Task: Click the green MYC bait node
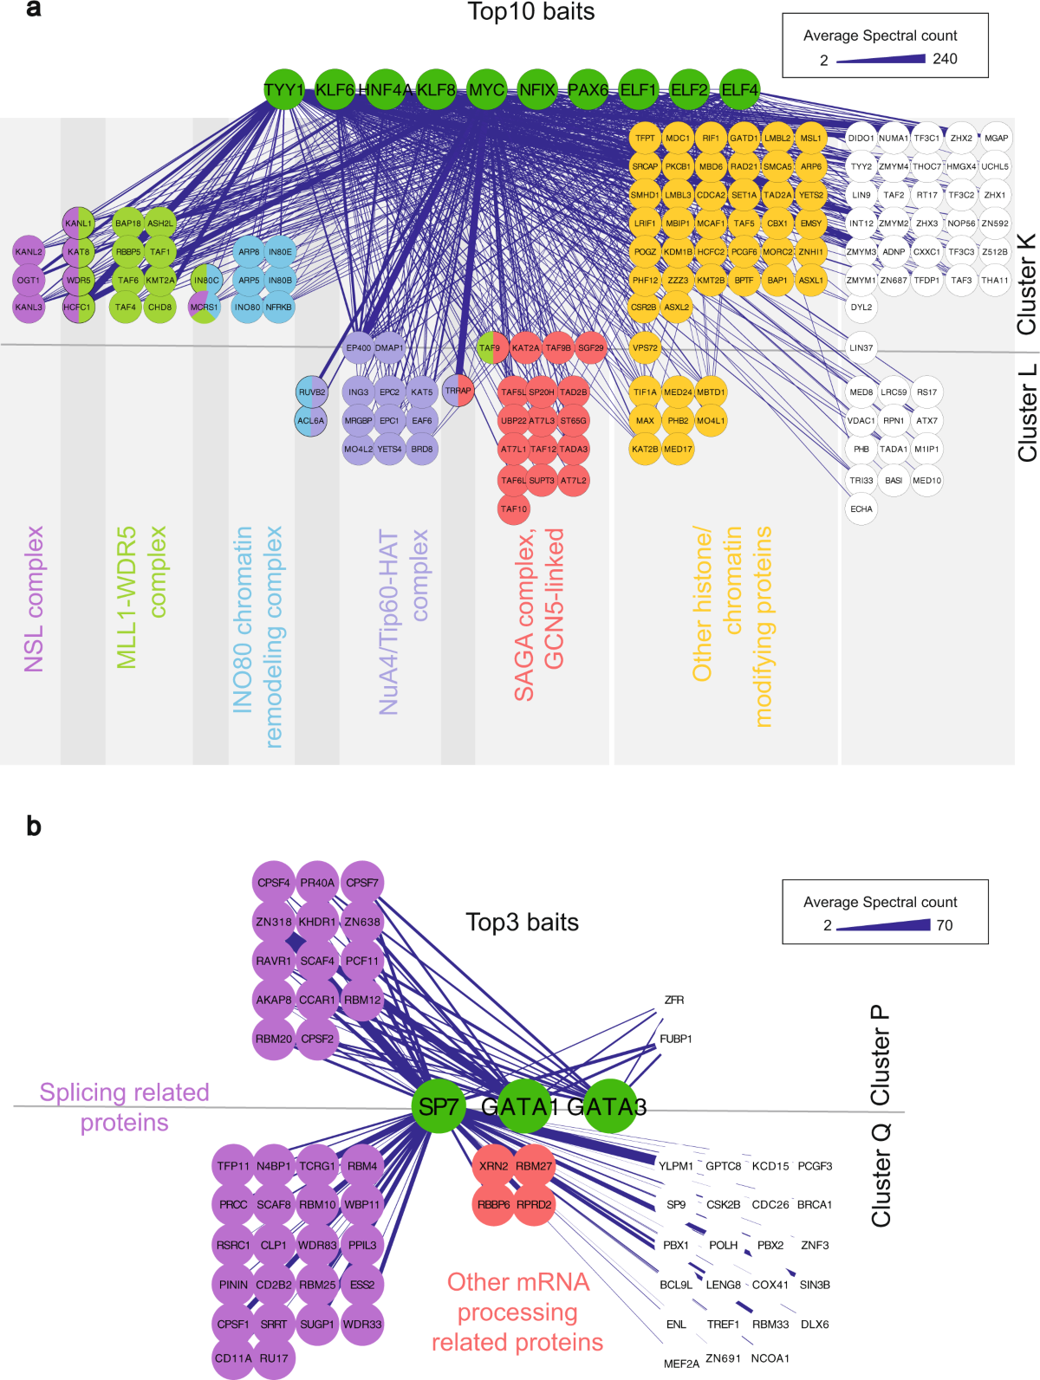486,90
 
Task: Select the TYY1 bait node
283,90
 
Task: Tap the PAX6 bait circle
588,90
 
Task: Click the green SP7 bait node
439,1106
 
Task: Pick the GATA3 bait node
608,1106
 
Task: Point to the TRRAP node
458,391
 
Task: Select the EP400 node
358,348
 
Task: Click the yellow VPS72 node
645,348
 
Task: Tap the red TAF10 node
513,509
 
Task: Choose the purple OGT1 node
29,281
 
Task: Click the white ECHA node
861,509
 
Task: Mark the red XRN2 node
493,1166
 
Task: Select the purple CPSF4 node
274,883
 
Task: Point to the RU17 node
274,1357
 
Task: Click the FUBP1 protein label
676,1039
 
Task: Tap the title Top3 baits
522,922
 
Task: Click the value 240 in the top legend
945,59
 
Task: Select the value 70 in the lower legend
945,925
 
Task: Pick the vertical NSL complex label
33,599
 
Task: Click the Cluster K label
1026,284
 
